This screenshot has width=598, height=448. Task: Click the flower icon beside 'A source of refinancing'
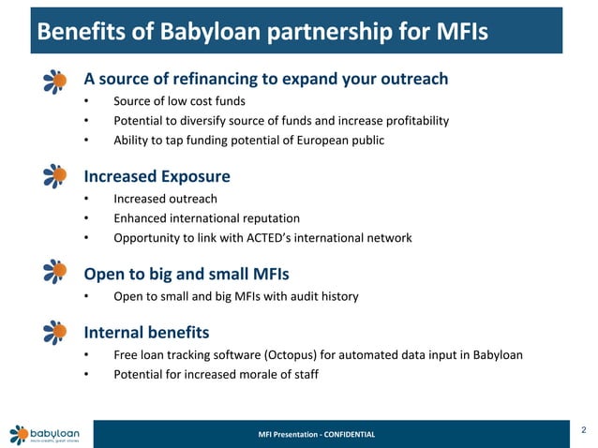tap(56, 81)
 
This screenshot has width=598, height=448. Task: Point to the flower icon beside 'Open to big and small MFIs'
tap(56, 273)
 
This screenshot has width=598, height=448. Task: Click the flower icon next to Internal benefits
tap(56, 332)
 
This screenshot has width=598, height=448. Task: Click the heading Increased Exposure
tap(157, 176)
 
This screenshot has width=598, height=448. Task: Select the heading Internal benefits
tap(146, 332)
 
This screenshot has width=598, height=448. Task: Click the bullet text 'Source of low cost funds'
tap(181, 101)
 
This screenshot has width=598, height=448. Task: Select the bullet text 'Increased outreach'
tap(165, 199)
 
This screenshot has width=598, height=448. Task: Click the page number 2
tap(583, 429)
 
